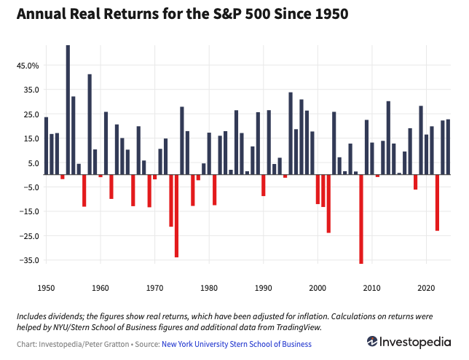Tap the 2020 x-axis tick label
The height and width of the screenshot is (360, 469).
tap(427, 289)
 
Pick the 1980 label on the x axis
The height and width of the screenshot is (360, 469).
tap(209, 289)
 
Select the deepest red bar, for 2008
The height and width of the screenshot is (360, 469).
tap(361, 219)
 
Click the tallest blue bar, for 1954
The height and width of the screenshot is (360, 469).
tap(68, 109)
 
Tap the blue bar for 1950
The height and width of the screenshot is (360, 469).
tap(46, 146)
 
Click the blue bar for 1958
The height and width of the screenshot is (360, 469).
tap(90, 124)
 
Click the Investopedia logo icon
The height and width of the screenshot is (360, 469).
tap(372, 342)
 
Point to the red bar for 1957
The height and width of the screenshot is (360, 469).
tap(84, 190)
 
